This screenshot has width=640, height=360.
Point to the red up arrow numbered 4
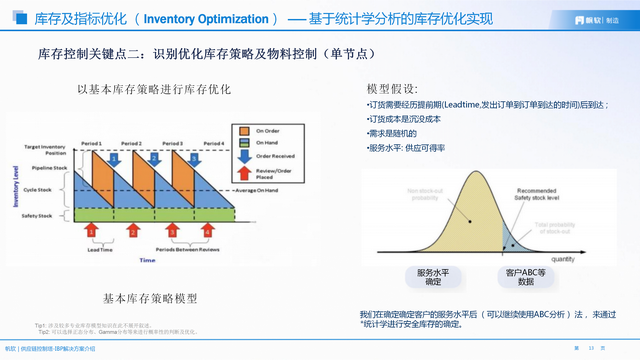[208, 231]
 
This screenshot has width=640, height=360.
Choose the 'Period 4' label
[212, 143]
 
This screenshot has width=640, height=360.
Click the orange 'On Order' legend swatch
[244, 129]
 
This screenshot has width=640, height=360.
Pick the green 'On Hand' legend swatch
[244, 143]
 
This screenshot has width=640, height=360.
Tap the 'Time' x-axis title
[147, 260]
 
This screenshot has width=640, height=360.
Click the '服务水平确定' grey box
[432, 277]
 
